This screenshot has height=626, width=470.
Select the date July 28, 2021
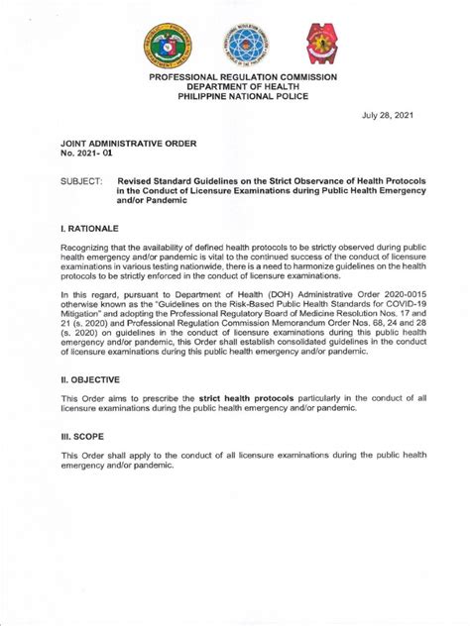click(x=387, y=116)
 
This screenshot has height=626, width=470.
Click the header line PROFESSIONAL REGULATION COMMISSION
click(x=243, y=76)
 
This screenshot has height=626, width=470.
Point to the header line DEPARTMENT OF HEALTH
click(x=243, y=86)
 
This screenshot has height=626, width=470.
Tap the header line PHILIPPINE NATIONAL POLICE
click(x=243, y=96)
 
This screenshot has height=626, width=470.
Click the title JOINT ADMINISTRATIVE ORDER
click(x=129, y=144)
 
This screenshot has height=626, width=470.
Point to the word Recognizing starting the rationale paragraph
click(x=89, y=248)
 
